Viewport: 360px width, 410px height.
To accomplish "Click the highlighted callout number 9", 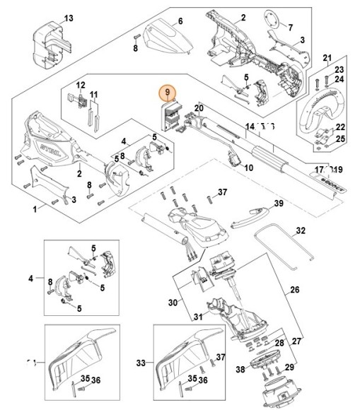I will point(168,93).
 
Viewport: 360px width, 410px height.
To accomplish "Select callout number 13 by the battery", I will point(69,17).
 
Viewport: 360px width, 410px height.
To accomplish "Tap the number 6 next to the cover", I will point(180,21).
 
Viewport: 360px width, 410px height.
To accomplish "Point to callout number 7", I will point(289,28).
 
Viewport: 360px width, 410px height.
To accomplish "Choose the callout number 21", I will point(327,57).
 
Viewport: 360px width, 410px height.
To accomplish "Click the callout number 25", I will point(341,139).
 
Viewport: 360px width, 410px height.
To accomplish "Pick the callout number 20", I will point(199,108).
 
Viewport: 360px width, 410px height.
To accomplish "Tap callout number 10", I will point(248,168).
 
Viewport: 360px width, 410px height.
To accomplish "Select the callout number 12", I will point(80,85).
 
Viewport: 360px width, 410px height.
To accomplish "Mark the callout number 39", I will point(278,203).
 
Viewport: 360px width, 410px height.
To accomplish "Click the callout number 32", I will point(300,230).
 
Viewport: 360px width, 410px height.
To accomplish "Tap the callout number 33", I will point(140,363).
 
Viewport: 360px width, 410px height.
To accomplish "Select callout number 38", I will point(240,369).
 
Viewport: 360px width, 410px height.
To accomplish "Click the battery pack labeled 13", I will point(52,40).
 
